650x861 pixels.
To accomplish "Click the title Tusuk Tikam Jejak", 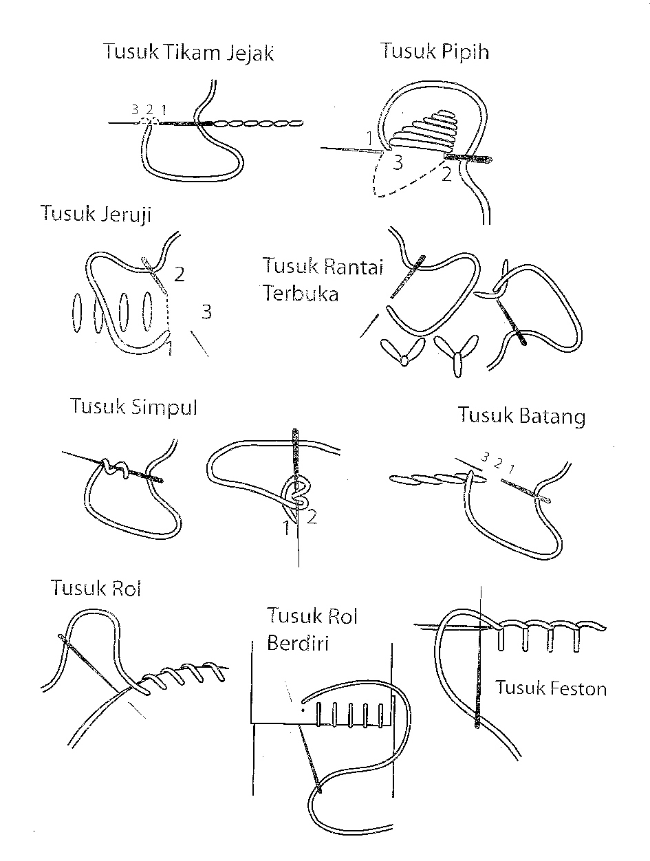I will (x=188, y=53).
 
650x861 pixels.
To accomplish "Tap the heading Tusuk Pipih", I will (x=434, y=51).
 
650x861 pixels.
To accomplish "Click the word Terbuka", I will (x=300, y=294).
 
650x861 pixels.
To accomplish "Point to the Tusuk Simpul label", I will (x=133, y=406).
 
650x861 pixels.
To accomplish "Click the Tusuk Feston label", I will (x=551, y=688).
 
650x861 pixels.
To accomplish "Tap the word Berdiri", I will (x=297, y=643).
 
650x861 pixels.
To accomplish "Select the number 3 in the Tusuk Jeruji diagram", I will (x=206, y=312).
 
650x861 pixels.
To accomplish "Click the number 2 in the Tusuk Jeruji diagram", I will (x=180, y=274).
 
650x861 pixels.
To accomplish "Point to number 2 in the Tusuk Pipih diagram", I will (x=446, y=174).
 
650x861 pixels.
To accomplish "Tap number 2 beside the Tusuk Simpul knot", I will (x=312, y=517).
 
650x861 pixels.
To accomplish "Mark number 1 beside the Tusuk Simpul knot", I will (x=285, y=528).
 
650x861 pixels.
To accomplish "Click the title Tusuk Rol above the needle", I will (x=96, y=588).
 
